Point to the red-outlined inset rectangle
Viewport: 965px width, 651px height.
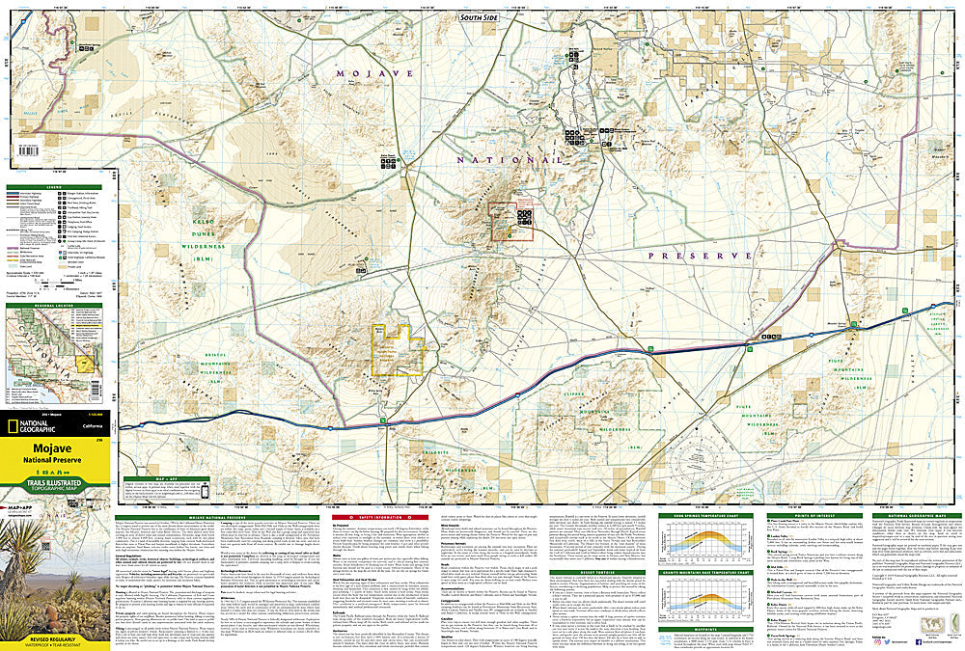coord(511,222)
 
